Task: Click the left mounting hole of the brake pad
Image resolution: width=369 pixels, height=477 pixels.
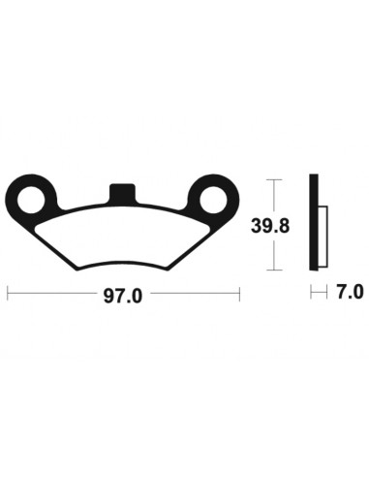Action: [x=37, y=198]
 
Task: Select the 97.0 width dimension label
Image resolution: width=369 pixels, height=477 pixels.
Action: [x=124, y=296]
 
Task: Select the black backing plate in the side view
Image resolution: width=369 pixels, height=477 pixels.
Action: [x=312, y=224]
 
